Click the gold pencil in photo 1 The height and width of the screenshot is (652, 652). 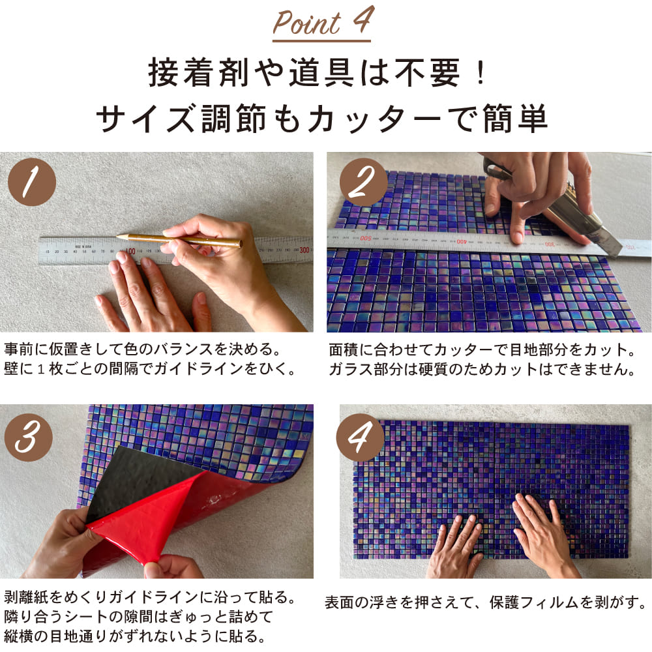click(x=179, y=239)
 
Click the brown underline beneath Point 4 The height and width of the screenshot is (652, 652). click(x=321, y=41)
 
